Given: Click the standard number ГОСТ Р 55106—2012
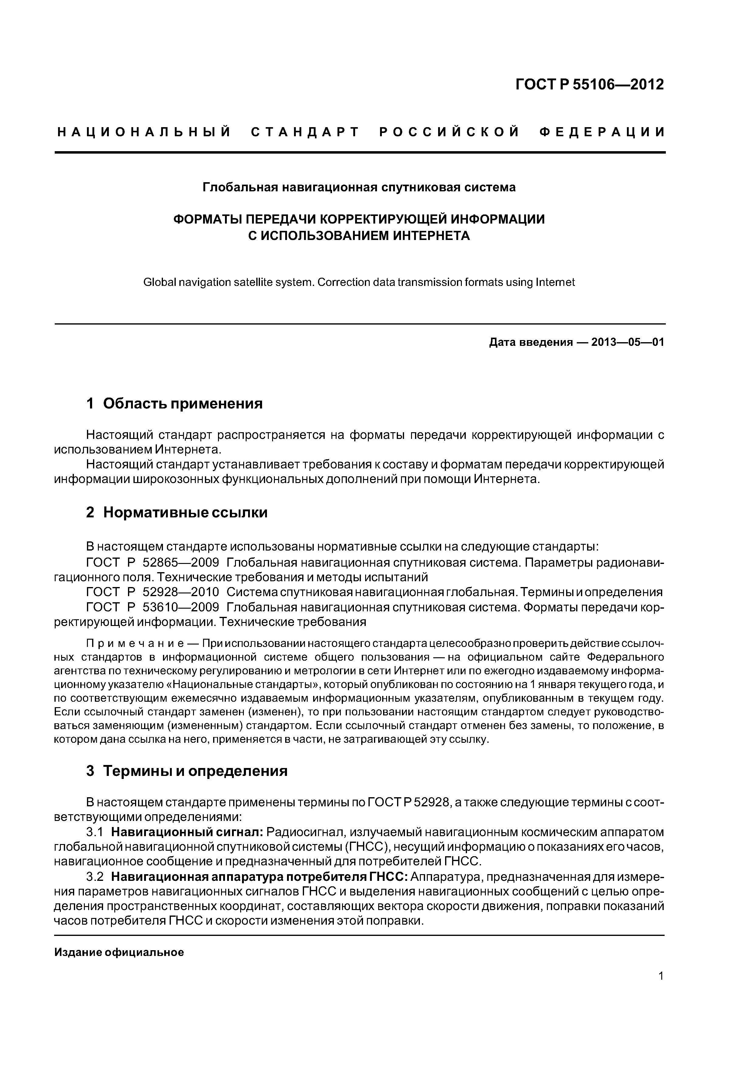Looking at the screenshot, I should [590, 84].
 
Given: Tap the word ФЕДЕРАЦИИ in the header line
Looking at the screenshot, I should [602, 132].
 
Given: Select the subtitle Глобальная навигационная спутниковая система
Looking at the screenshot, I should [359, 187].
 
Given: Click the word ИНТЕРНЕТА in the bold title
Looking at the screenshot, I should [432, 236].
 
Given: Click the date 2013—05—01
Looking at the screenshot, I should [628, 342].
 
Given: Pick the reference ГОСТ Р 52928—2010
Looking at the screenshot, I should [153, 592].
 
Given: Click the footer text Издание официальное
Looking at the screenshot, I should [119, 953].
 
